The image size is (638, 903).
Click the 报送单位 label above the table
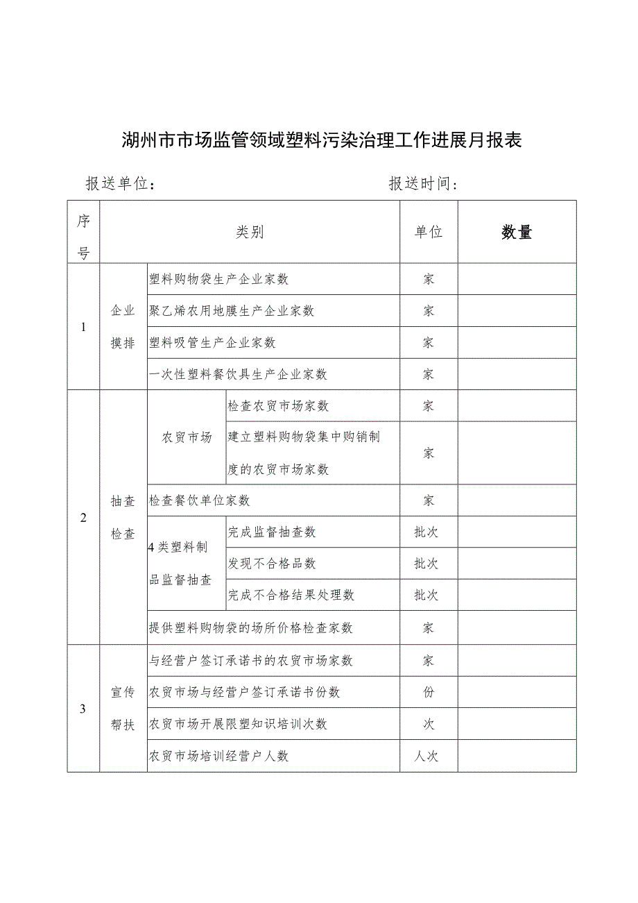click(119, 184)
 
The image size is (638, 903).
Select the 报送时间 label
click(424, 184)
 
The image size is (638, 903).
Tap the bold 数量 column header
click(517, 233)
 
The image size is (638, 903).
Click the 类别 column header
click(250, 233)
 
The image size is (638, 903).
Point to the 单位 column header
click(429, 233)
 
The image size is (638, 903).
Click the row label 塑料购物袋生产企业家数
click(219, 279)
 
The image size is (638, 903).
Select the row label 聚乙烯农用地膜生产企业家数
click(232, 311)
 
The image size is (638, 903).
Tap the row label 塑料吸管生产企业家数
click(213, 343)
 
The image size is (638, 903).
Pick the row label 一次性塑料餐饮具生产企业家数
click(239, 374)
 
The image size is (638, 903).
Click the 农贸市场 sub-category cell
click(187, 437)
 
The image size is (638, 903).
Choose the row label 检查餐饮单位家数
click(200, 500)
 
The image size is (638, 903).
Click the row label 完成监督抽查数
click(272, 532)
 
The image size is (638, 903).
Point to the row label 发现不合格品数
click(272, 564)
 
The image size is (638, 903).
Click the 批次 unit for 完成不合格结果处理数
click(426, 595)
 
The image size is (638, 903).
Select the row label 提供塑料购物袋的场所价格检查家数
click(251, 627)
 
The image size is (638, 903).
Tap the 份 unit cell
click(429, 693)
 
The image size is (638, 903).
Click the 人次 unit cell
click(427, 756)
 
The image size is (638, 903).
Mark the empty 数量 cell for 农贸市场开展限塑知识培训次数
click(517, 724)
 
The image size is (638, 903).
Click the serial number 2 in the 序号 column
click(83, 517)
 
